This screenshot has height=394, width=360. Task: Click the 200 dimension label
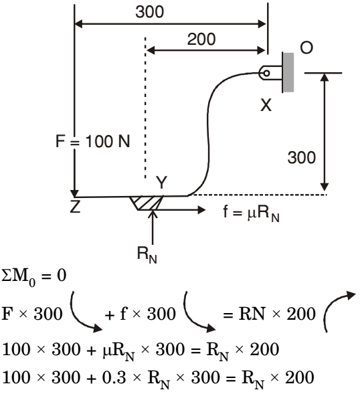[201, 39]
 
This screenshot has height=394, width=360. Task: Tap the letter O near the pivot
[306, 47]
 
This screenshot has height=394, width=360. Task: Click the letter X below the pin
[266, 105]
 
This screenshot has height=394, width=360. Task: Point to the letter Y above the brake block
[161, 183]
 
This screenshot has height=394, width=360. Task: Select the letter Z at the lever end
[75, 207]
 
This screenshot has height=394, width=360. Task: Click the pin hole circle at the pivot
[266, 73]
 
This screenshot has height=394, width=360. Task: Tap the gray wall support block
[288, 72]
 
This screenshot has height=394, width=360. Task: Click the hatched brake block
[147, 203]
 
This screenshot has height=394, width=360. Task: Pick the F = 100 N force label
[92, 141]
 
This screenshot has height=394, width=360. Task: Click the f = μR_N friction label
[251, 213]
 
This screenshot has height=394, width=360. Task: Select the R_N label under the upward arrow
[147, 254]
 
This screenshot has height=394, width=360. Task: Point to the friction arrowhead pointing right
[201, 209]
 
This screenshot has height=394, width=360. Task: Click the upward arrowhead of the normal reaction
[153, 214]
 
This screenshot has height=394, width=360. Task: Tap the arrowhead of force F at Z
[74, 193]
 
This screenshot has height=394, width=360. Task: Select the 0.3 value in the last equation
[114, 377]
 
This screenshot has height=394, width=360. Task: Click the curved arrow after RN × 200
[339, 311]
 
